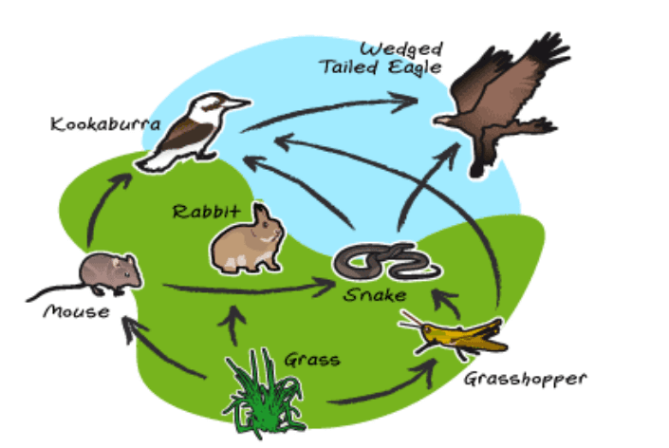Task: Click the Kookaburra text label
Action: coord(105,124)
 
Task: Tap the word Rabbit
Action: coord(207,211)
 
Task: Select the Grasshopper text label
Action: coord(525,380)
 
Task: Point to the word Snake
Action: coord(375,294)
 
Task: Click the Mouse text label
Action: coord(76,311)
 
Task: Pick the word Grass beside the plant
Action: coord(312,360)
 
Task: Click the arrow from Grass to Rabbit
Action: coord(232,326)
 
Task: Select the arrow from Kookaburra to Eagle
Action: coord(328,109)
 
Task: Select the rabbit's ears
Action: coord(262,212)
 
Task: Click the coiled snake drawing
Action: coord(387,262)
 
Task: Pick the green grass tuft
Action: coord(265,393)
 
